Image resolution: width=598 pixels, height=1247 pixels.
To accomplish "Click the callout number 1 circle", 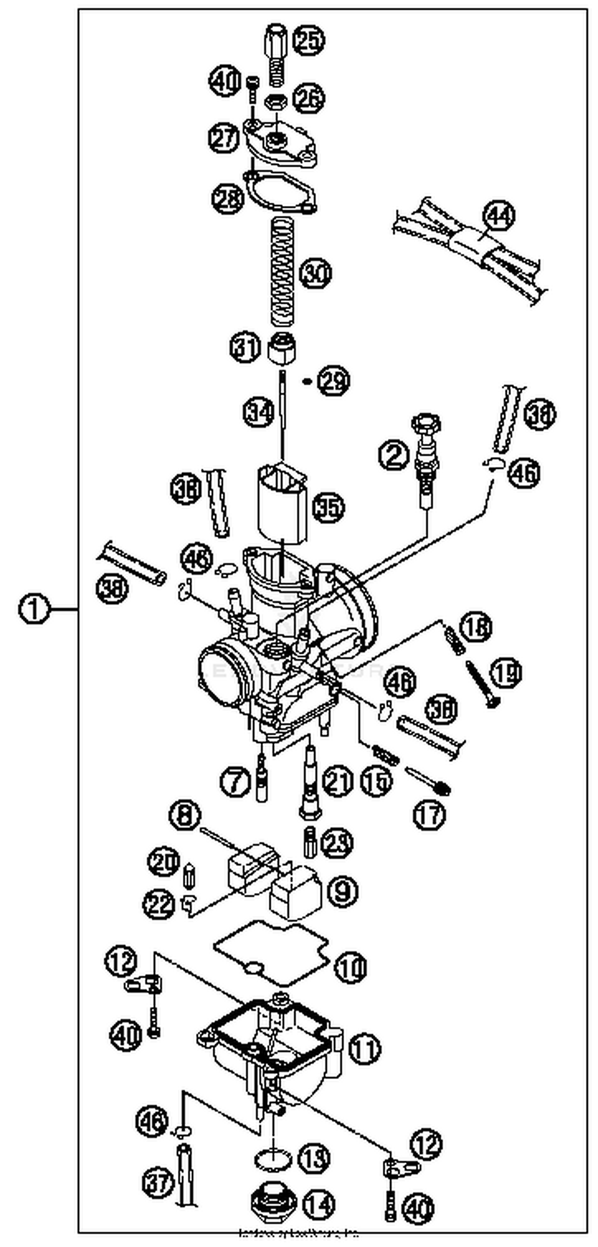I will [x=33, y=609].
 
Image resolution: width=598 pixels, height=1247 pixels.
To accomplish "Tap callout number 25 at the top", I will [x=309, y=40].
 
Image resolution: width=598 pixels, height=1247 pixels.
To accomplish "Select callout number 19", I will [x=506, y=673].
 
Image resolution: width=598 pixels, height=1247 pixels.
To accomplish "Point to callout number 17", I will [x=429, y=815].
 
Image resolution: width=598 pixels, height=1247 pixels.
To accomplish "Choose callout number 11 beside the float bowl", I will [x=364, y=1048].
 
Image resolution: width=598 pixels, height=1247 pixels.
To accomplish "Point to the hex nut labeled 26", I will [x=275, y=102].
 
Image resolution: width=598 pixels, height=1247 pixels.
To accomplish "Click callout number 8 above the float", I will [x=185, y=815].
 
